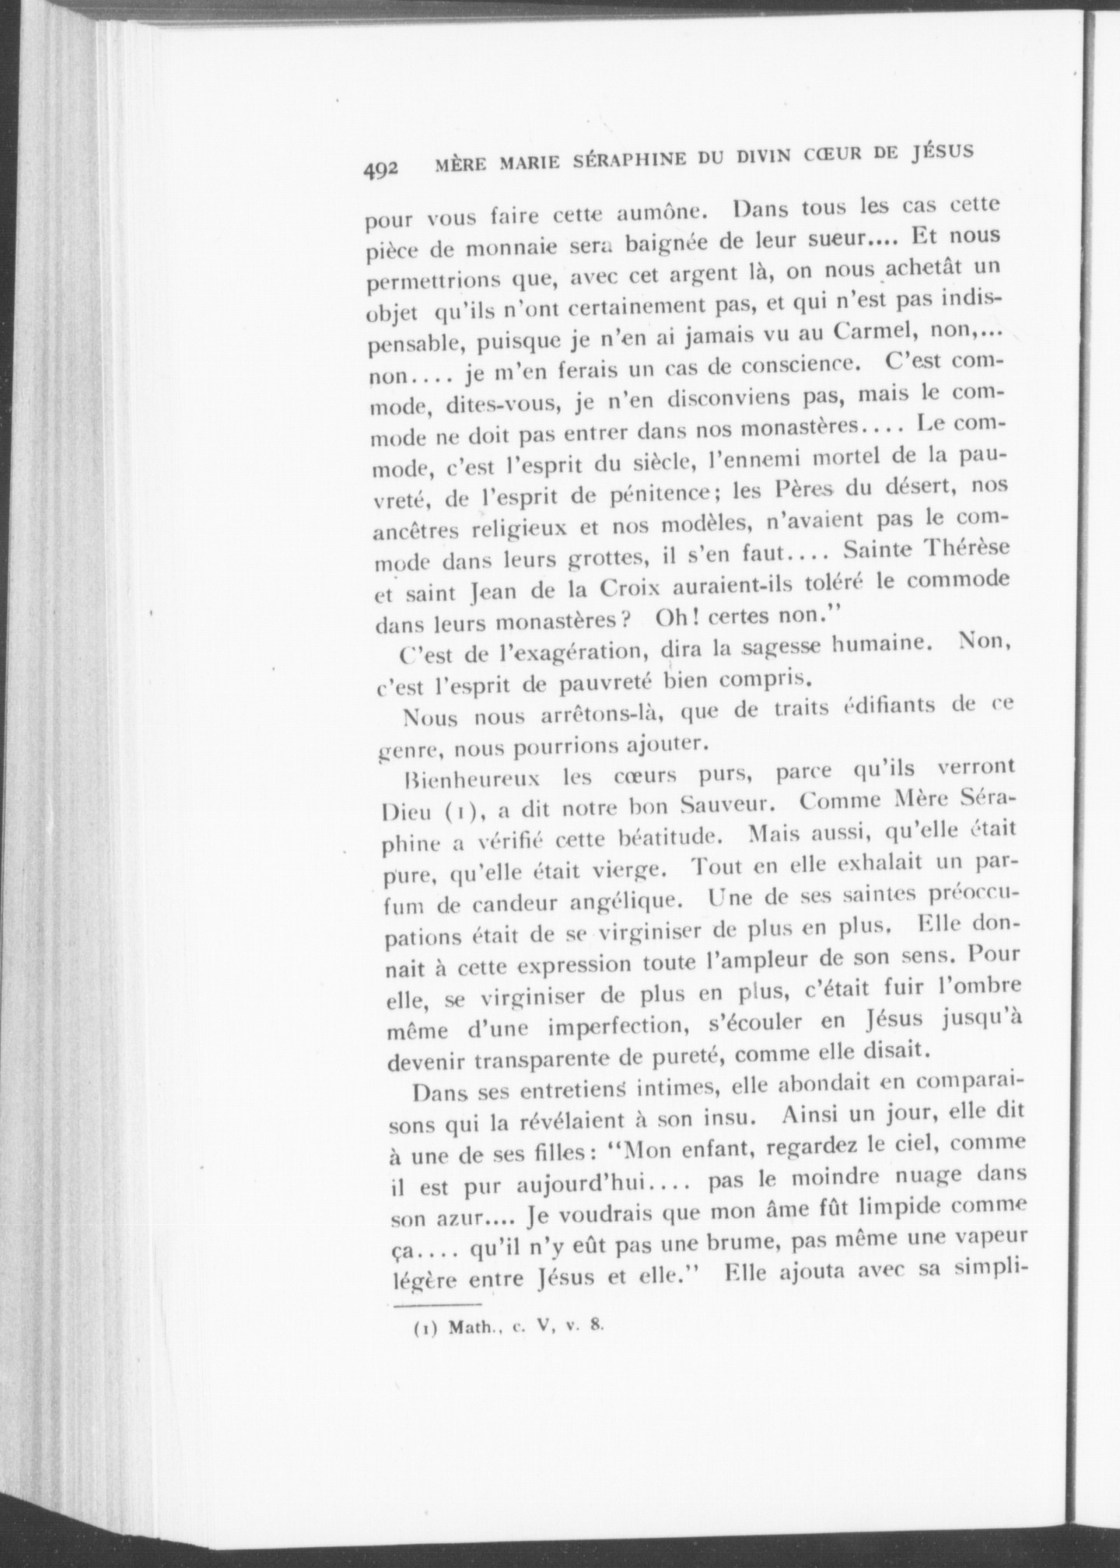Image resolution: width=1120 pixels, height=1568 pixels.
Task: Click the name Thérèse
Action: (x=961, y=548)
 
